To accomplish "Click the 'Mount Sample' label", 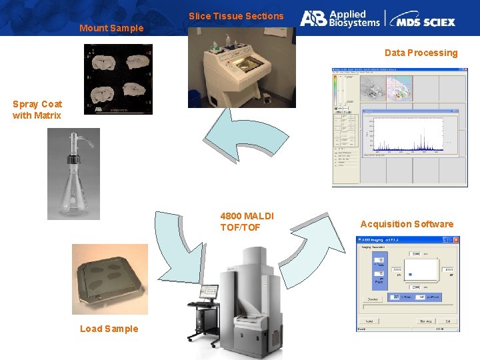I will [x=111, y=28].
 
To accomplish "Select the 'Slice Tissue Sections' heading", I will [x=236, y=16].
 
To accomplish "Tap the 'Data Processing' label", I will [x=421, y=53].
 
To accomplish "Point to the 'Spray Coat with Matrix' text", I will [x=37, y=109].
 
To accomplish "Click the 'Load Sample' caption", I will [x=109, y=328].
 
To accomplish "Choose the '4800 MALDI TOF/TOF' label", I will [x=247, y=221].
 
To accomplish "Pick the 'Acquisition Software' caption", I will [x=407, y=224].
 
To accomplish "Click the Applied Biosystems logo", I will [x=339, y=18].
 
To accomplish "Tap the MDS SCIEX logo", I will [x=423, y=19].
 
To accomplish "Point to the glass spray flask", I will [x=73, y=177].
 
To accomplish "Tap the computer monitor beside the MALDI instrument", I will [x=208, y=291].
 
